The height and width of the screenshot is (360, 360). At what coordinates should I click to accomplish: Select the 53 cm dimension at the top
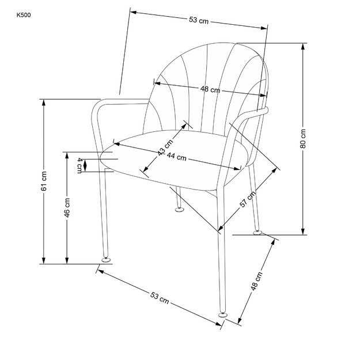point(198,20)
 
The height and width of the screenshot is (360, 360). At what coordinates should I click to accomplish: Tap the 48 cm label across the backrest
point(210,89)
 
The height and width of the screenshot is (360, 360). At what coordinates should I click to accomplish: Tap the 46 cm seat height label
point(67,207)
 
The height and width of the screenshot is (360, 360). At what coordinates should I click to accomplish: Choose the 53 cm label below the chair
point(160,298)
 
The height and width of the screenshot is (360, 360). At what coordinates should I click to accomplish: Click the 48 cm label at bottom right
point(259,283)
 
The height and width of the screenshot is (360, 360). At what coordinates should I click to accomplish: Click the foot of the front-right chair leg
point(222,314)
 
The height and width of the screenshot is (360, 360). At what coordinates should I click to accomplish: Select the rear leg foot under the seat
point(180,210)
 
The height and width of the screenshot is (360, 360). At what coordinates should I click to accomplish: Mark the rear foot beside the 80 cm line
point(257,232)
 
